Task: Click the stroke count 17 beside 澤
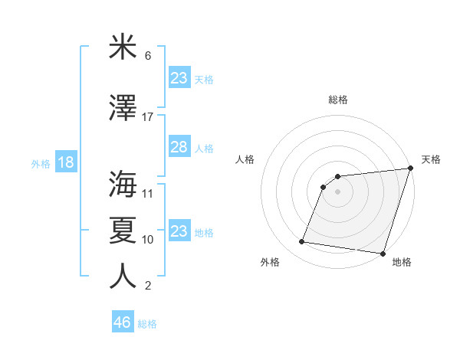148,117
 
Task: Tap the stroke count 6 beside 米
148,56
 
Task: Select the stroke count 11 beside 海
148,194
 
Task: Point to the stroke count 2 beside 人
148,286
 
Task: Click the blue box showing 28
179,147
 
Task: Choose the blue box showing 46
123,322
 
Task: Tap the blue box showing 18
65,162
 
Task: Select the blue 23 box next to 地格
179,231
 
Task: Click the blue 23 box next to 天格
179,78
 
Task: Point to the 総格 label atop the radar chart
338,100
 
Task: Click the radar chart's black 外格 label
270,263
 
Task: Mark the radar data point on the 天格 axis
410,169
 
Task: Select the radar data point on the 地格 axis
383,254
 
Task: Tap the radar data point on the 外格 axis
302,242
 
